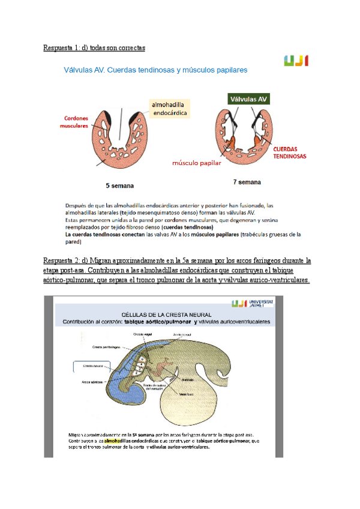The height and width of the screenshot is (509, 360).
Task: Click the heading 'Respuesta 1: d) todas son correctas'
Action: (94, 47)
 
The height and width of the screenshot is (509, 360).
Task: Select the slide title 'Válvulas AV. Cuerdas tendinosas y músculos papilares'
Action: (155, 70)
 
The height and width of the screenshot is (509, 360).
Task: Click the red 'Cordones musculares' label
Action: (74, 122)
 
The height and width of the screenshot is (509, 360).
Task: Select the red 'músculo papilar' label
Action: (196, 163)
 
